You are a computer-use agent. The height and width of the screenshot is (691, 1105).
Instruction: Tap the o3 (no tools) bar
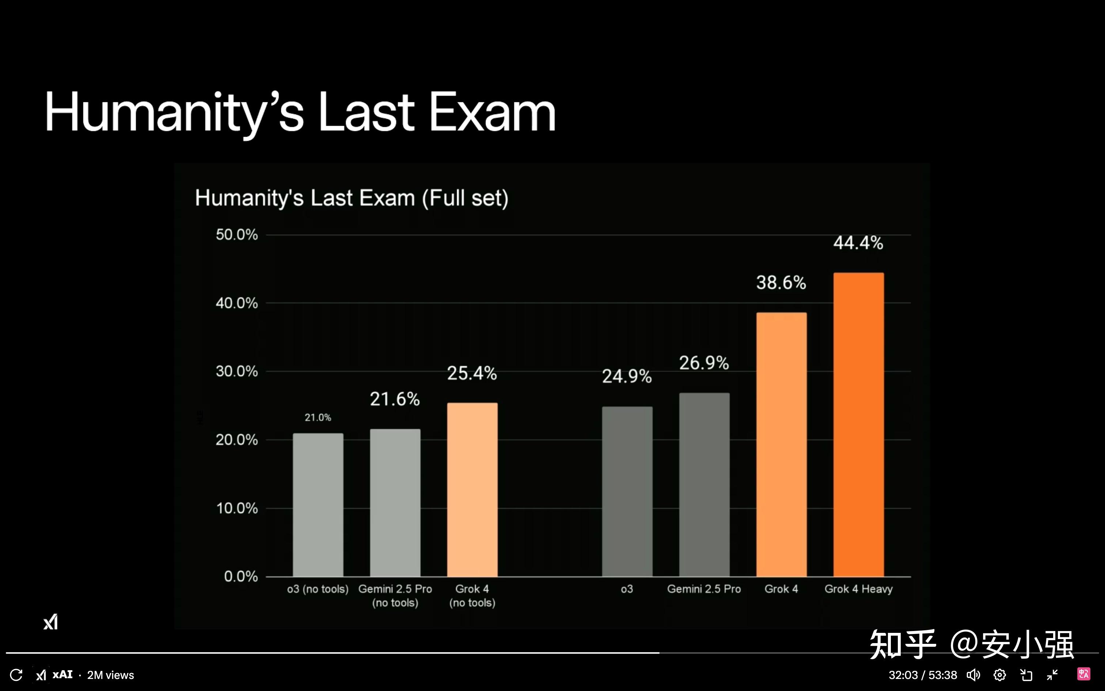[318, 505]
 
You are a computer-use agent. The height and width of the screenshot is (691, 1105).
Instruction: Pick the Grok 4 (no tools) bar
[472, 490]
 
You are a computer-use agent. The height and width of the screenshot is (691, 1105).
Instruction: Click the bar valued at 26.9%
[704, 484]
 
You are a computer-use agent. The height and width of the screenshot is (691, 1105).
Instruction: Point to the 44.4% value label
[858, 243]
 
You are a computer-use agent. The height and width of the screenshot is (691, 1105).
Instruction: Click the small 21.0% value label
[318, 417]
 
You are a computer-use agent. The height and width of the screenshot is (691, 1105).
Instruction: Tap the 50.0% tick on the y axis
[236, 234]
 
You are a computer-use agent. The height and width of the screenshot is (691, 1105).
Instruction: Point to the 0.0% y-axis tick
[241, 576]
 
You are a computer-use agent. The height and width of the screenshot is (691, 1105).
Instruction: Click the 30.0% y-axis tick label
[236, 371]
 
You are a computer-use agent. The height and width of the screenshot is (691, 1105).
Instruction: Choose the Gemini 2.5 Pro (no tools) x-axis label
[395, 596]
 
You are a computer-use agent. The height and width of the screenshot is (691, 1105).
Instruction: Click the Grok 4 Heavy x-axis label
[858, 589]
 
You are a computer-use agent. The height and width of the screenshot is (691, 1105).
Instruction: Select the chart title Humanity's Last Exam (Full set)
[352, 198]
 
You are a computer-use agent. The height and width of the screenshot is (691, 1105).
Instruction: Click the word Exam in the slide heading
[492, 113]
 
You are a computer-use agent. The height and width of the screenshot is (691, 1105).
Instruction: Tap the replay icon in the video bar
[16, 675]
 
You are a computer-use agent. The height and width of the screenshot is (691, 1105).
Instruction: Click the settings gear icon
[999, 675]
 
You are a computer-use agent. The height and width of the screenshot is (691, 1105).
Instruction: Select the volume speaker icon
[973, 675]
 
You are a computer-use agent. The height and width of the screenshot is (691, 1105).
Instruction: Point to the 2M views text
[110, 675]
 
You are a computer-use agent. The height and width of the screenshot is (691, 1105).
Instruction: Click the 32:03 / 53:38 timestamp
[922, 675]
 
